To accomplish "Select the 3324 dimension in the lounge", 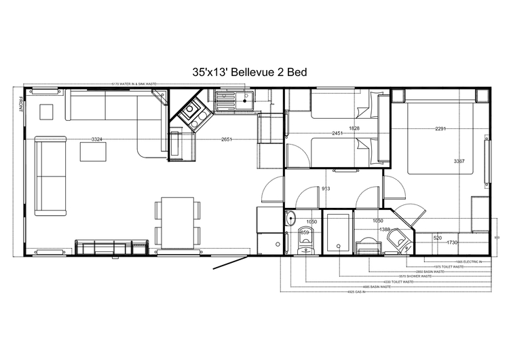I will pos(97,139).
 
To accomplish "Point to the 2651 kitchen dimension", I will pos(227,139).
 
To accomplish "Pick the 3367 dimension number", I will pos(459,161).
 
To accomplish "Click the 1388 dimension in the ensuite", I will pos(384,230).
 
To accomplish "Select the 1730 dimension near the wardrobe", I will pos(453,242).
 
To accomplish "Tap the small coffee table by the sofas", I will pos(93,152).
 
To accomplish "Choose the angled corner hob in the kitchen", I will pos(192,113).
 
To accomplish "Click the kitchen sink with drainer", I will pos(231,102).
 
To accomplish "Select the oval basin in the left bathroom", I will pos(290,219).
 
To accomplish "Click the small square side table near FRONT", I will pos(48,111).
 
